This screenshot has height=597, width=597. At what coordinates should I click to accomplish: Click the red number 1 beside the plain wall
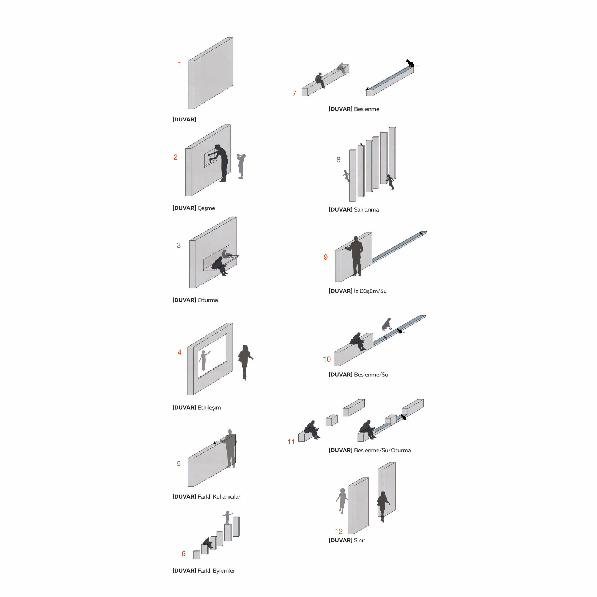tap(180, 64)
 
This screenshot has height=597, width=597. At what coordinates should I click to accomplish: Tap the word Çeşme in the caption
tap(206, 208)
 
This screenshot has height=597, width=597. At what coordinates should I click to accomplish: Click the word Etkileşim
tap(209, 408)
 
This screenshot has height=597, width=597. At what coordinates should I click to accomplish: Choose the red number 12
tap(339, 531)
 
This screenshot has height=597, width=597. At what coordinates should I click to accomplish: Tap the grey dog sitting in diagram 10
tap(387, 324)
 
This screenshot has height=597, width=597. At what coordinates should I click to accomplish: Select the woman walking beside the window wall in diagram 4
tap(245, 362)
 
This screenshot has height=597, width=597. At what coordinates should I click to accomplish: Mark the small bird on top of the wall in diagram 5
tap(215, 443)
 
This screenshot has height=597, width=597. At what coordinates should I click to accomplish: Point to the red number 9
tap(326, 257)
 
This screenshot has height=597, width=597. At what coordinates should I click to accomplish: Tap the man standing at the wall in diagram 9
tap(356, 256)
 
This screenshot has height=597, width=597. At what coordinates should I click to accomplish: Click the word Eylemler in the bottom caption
tap(224, 571)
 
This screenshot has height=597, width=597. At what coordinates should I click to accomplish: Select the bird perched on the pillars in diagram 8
tap(361, 144)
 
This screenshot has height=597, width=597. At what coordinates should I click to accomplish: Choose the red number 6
tap(184, 554)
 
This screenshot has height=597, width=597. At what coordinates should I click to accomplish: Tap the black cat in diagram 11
tap(404, 417)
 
